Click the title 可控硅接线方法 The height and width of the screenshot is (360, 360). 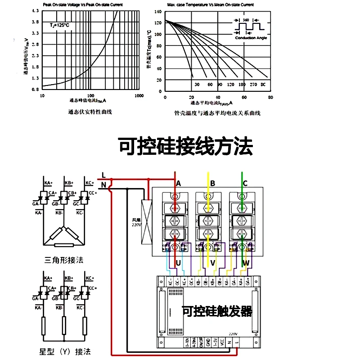pyautogui.click(x=185, y=147)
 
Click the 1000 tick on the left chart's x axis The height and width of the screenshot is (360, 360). pyautogui.click(x=139, y=96)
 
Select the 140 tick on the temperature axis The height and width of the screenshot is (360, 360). pyautogui.click(x=157, y=10)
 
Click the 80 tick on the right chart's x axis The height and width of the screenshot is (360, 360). pyautogui.click(x=270, y=97)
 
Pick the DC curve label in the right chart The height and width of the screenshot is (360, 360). pyautogui.click(x=263, y=85)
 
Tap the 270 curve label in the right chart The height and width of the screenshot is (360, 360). pyautogui.click(x=253, y=85)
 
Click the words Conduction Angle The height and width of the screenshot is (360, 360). pyautogui.click(x=251, y=38)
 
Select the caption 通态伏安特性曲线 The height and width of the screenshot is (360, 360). pyautogui.click(x=90, y=112)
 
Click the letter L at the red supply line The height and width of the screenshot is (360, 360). pyautogui.click(x=103, y=175)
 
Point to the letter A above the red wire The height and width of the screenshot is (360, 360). pyautogui.click(x=179, y=183)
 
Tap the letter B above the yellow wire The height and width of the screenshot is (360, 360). pyautogui.click(x=212, y=183)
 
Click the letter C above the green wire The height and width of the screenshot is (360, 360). pyautogui.click(x=245, y=183)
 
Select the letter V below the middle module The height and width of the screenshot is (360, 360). pyautogui.click(x=213, y=263)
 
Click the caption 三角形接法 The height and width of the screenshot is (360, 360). pyautogui.click(x=64, y=260)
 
